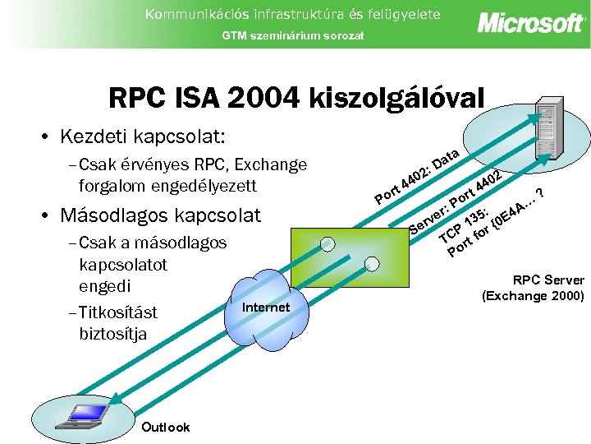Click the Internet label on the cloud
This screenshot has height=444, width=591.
tap(267, 308)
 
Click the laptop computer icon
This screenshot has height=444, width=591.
tap(75, 416)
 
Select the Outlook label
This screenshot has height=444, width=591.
tap(166, 427)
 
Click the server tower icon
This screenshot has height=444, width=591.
tap(548, 119)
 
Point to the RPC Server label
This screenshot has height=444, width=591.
tap(548, 280)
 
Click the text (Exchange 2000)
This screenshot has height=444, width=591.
tap(533, 295)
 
